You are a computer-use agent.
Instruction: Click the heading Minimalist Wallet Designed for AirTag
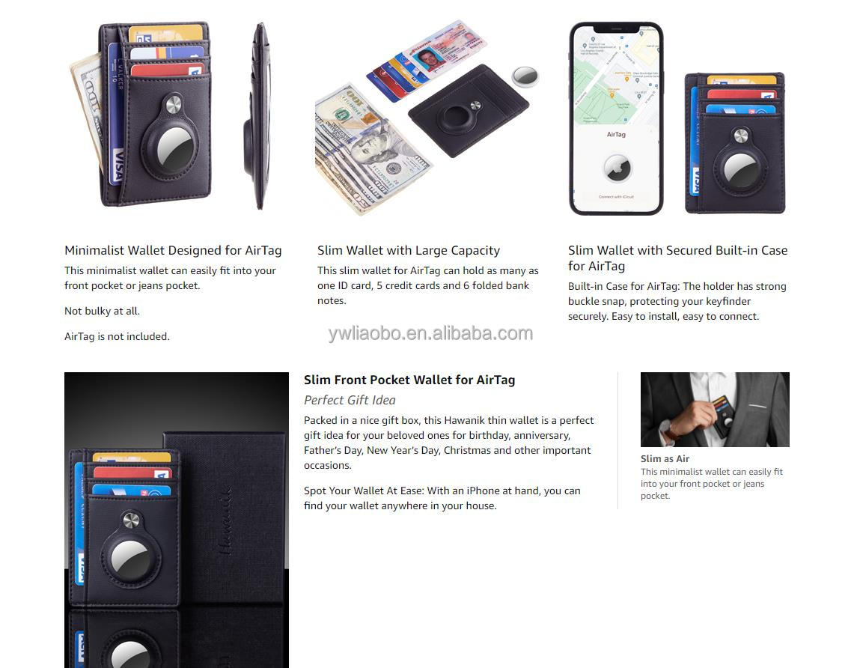point(173,250)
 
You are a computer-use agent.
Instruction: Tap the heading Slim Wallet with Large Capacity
point(408,250)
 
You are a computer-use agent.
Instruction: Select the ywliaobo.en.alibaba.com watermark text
point(430,333)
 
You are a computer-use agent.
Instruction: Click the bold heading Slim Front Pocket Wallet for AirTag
point(409,380)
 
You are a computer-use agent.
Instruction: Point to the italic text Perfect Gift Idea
point(350,400)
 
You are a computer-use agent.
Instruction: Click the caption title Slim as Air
point(665,458)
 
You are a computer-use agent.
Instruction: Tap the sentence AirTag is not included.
point(117,336)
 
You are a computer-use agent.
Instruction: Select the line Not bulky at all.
point(102,311)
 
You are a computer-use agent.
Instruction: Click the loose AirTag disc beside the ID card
point(525,76)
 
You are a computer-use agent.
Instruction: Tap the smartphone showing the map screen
point(616,118)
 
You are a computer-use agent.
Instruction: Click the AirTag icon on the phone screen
point(616,168)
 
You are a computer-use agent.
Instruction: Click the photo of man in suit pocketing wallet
point(715,409)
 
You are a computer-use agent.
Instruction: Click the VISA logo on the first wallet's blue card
point(117,165)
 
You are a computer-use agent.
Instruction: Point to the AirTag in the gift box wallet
point(130,559)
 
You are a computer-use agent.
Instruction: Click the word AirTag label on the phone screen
point(616,135)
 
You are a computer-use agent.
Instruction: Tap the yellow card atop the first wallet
point(165,34)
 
